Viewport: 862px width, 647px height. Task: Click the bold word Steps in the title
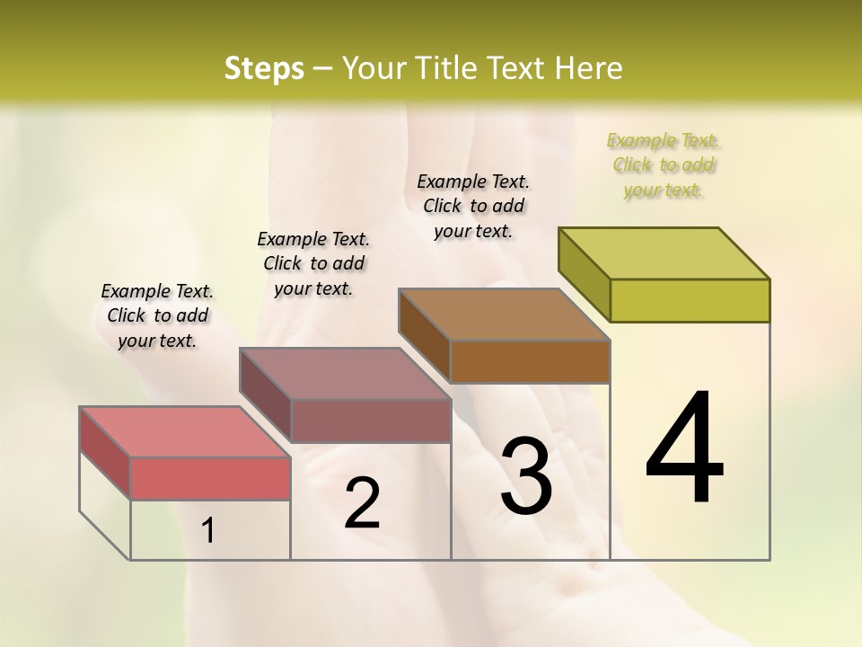click(x=264, y=68)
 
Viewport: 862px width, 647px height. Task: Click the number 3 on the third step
click(x=526, y=476)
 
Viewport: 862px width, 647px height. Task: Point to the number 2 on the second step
click(x=362, y=503)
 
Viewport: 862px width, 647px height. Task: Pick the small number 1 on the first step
click(x=208, y=531)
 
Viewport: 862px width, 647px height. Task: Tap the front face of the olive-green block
click(x=690, y=300)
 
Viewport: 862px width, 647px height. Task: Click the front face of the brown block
click(x=530, y=361)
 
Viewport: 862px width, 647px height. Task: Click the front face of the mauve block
click(x=370, y=421)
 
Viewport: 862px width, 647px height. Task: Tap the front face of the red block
click(x=210, y=478)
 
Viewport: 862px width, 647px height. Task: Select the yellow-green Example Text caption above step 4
click(x=663, y=165)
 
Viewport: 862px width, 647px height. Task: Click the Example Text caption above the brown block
click(x=473, y=206)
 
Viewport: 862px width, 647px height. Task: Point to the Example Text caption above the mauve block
click(x=313, y=263)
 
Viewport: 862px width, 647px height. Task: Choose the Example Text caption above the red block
click(x=157, y=315)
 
